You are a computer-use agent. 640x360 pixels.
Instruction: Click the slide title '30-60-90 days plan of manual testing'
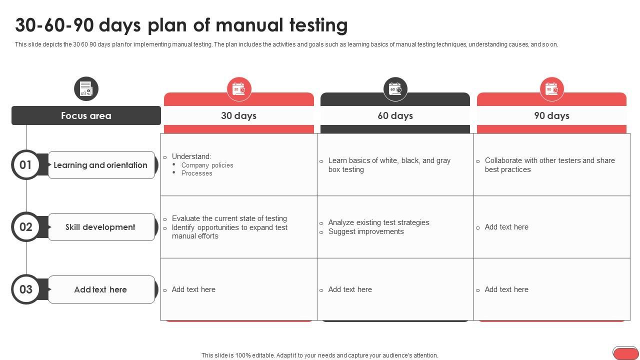(181, 25)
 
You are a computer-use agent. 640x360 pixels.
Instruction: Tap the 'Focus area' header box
(86, 115)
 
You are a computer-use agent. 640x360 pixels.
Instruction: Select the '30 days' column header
(238, 115)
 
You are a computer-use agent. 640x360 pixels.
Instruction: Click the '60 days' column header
(395, 115)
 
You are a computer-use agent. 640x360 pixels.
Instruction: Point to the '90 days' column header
(551, 115)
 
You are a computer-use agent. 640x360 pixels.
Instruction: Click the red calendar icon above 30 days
(239, 89)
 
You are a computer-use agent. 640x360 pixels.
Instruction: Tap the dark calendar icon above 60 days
(395, 89)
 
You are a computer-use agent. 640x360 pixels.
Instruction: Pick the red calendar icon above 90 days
(552, 89)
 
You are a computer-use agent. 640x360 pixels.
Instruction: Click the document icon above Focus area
(86, 88)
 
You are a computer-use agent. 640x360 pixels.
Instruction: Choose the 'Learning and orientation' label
(100, 165)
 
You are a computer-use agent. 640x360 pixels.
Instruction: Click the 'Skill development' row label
(100, 227)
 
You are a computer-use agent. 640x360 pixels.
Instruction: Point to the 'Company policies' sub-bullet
(207, 165)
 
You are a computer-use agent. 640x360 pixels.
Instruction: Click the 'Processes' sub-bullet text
(197, 173)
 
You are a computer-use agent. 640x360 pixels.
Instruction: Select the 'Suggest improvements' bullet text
(366, 231)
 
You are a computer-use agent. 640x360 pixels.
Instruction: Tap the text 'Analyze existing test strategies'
(378, 222)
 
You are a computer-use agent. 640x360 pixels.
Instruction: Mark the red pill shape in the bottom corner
(625, 353)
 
